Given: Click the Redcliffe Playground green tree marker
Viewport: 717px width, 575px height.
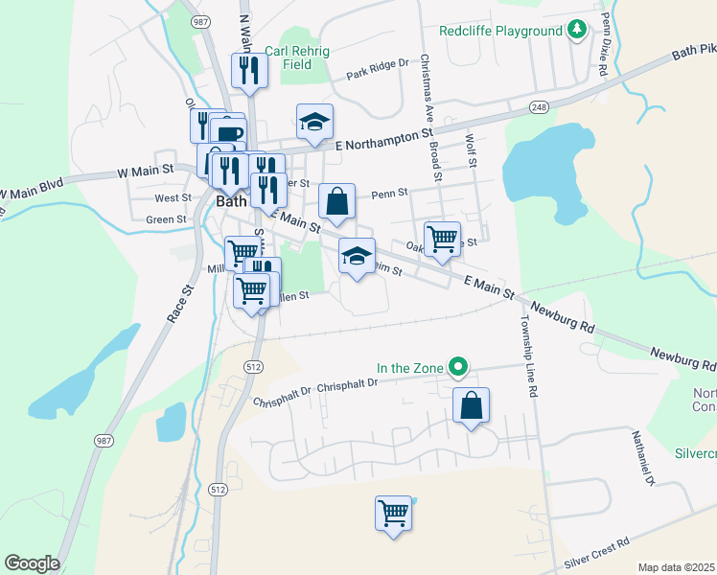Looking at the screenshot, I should click(x=576, y=31).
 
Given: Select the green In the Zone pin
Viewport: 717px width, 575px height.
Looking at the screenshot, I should click(x=459, y=365).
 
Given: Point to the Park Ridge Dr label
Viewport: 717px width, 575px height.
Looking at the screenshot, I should click(x=378, y=69).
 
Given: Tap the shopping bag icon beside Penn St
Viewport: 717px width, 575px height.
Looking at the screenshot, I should click(x=336, y=201).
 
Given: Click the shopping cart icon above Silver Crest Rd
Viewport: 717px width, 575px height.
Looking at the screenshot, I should click(x=393, y=514).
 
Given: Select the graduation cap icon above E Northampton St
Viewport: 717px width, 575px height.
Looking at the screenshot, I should click(x=314, y=122).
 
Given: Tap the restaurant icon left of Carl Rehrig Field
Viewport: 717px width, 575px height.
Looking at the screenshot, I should click(x=249, y=70).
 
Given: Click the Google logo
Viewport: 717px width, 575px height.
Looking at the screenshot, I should click(x=32, y=563).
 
